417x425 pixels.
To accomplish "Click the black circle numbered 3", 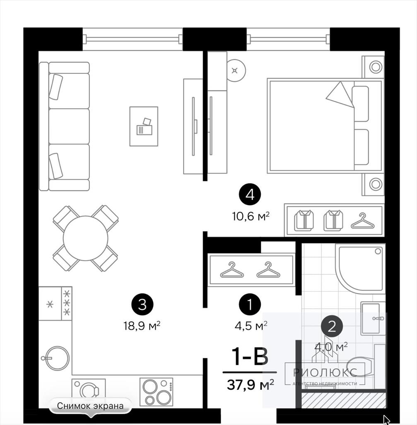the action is [x=142, y=304].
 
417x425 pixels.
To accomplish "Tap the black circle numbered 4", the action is [x=250, y=194].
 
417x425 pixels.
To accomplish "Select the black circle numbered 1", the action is [x=250, y=304].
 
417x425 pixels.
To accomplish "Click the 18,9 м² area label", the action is [x=142, y=325].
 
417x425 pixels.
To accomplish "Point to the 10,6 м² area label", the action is [x=251, y=216].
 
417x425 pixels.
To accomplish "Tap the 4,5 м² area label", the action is [x=251, y=325].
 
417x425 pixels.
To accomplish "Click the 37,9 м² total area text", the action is [x=251, y=384].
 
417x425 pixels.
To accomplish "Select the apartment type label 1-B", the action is [x=250, y=357].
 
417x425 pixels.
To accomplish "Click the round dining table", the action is [x=85, y=238].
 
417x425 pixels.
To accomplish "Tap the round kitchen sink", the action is [x=57, y=358].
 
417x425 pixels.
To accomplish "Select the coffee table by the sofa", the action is [x=144, y=126].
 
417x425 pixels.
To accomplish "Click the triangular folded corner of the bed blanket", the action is [x=340, y=95].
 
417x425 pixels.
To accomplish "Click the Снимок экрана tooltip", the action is [x=90, y=406].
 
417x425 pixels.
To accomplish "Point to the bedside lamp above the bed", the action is [x=375, y=66].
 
